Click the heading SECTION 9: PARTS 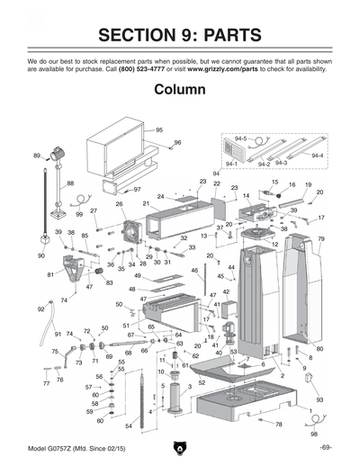tap(180, 35)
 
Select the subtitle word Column tap(180, 91)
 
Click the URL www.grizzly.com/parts tap(226, 68)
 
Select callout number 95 tap(158, 130)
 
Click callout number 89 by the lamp tap(37, 156)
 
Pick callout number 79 tap(320, 239)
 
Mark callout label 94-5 tap(240, 139)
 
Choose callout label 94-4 tap(317, 156)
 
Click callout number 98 tap(313, 434)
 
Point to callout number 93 tap(319, 398)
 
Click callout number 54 tap(129, 425)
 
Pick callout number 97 tap(137, 190)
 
